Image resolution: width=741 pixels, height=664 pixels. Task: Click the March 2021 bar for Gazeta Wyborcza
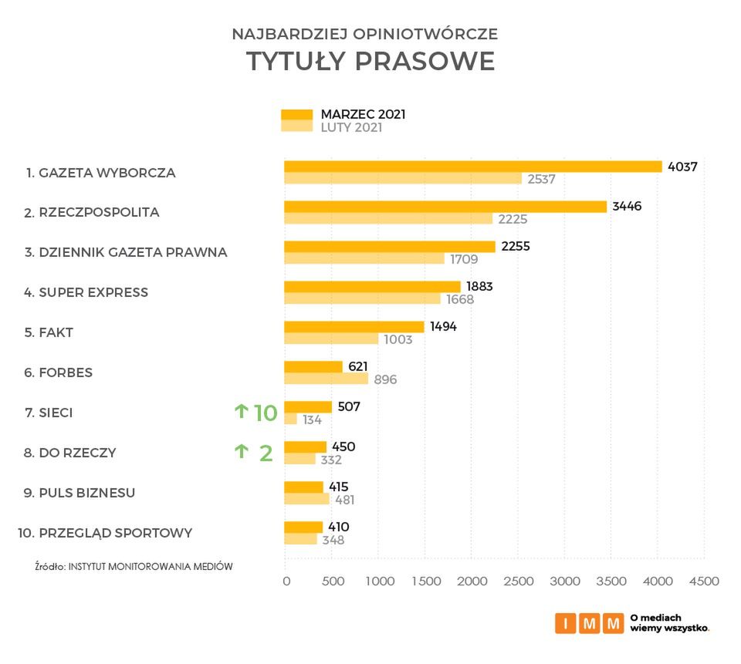click(x=472, y=167)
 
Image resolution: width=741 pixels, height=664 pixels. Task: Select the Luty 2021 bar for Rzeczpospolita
click(x=387, y=218)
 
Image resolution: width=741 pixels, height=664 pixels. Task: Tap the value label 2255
click(x=515, y=246)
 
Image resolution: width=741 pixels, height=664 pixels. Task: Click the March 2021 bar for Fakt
click(x=354, y=326)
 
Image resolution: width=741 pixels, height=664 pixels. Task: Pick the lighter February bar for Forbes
click(x=326, y=379)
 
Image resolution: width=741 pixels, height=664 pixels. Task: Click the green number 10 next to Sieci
click(x=265, y=413)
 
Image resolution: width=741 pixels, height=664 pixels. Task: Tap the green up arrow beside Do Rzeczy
click(x=241, y=452)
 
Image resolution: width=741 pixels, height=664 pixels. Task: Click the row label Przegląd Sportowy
click(x=104, y=533)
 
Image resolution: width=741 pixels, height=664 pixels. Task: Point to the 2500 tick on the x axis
click(x=518, y=581)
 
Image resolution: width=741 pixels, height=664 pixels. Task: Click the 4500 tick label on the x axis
click(x=703, y=581)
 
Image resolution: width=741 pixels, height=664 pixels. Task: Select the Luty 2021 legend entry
click(x=351, y=128)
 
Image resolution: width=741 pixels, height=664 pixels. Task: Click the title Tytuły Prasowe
click(x=370, y=62)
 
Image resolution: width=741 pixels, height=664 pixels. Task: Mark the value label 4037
click(x=682, y=166)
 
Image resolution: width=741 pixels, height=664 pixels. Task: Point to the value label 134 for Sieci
click(x=312, y=420)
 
